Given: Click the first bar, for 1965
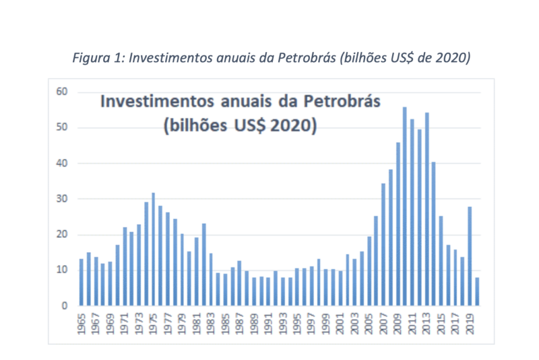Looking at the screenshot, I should (x=82, y=282).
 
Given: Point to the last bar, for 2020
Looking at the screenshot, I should (x=477, y=291).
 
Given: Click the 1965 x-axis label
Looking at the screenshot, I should (x=82, y=322).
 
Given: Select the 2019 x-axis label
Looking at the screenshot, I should (x=469, y=322).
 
